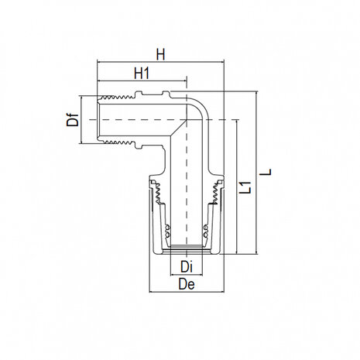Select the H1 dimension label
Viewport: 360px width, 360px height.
141,74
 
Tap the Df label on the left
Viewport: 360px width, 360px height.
72,120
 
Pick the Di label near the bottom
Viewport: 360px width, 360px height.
185,267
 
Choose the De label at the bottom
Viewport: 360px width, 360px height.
185,286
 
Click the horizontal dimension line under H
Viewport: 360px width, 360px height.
160,63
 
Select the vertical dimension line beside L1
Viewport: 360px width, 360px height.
237,186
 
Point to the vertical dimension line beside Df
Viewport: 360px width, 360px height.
81,120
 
